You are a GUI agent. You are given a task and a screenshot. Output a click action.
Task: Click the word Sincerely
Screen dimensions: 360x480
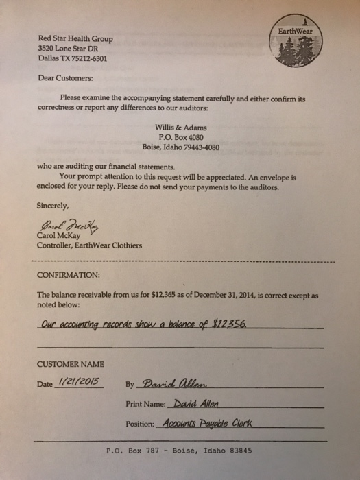coord(53,204)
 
